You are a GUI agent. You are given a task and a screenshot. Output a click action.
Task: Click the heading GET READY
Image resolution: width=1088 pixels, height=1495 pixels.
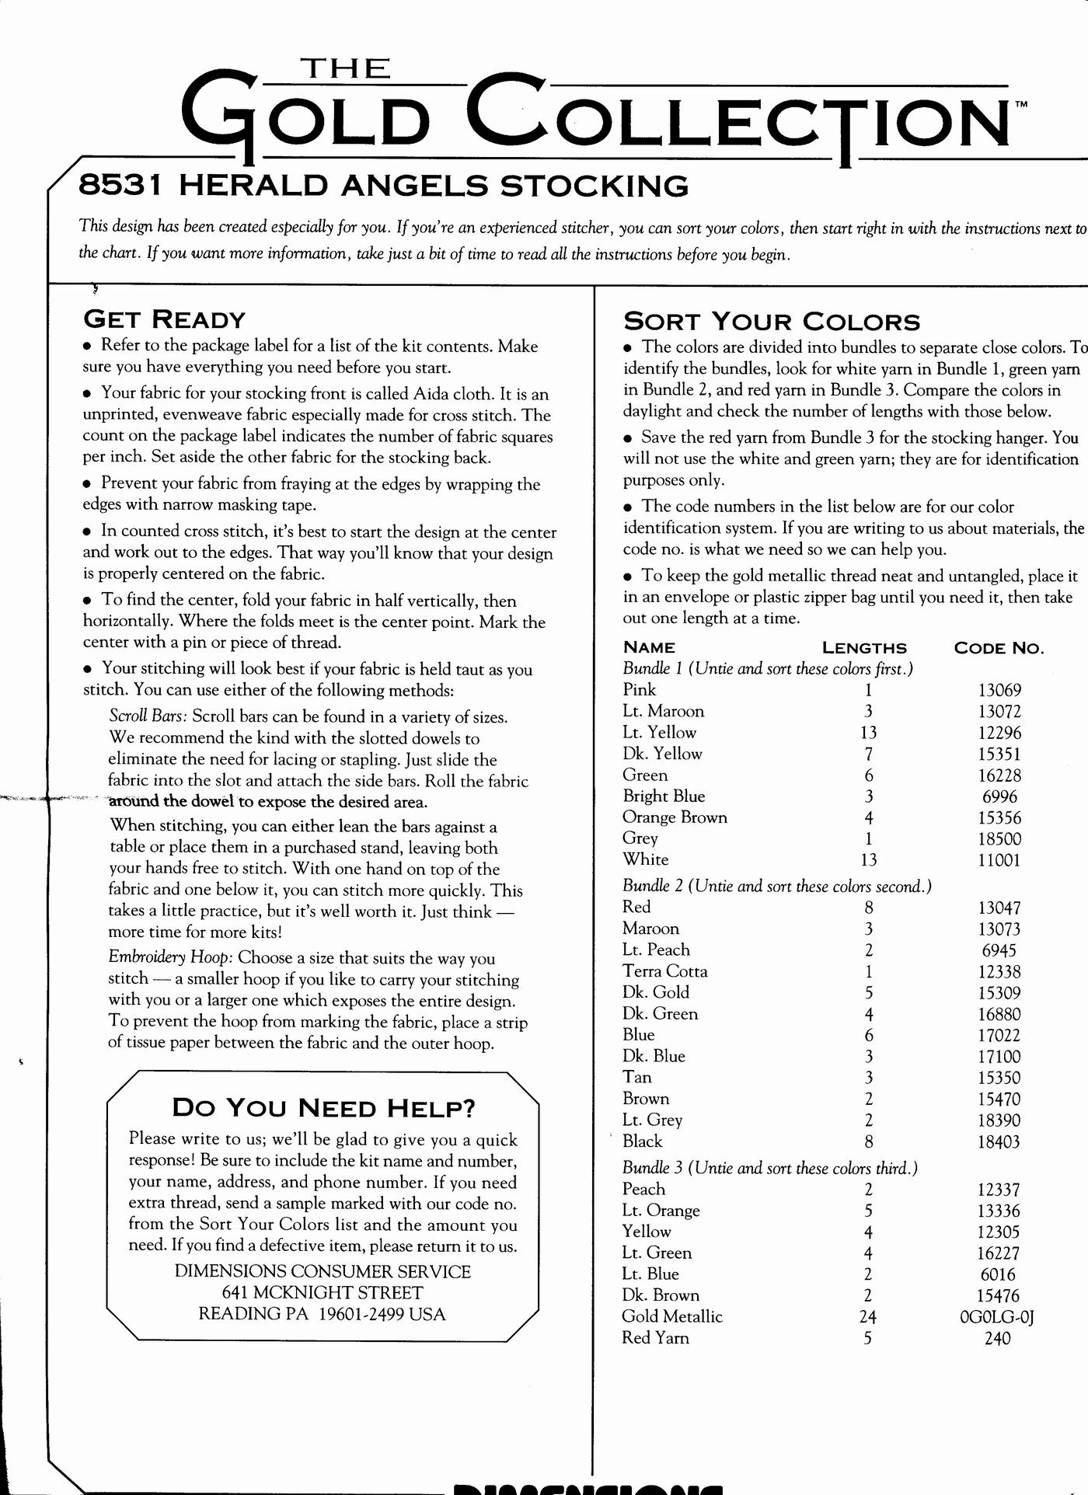tap(164, 319)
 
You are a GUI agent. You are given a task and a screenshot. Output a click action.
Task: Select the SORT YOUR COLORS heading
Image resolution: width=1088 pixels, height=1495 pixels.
tap(772, 322)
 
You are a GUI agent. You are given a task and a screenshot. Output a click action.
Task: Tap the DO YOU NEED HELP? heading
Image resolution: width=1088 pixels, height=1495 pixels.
tap(323, 1107)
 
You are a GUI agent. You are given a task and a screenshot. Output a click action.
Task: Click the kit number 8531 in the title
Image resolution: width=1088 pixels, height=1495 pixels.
tap(120, 186)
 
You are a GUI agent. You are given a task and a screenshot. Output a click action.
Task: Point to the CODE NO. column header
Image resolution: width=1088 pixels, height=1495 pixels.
tap(999, 648)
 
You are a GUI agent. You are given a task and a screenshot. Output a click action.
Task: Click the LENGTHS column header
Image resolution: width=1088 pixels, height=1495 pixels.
tap(864, 648)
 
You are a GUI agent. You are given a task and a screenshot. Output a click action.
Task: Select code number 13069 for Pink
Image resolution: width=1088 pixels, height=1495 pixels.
tap(999, 690)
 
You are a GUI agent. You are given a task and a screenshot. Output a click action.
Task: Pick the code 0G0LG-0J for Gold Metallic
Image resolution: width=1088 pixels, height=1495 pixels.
tap(997, 1317)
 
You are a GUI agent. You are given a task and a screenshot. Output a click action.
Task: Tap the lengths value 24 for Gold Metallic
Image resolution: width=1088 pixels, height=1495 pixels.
tap(868, 1317)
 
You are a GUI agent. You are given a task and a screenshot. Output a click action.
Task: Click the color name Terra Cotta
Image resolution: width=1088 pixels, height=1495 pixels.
tap(665, 971)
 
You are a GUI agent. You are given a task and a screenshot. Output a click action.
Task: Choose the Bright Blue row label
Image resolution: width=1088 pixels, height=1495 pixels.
tap(664, 796)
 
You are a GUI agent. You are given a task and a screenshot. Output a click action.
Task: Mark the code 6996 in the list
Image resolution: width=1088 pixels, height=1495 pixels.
tap(999, 796)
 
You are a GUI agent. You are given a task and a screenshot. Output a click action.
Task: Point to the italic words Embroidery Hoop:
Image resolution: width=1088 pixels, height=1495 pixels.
tap(169, 957)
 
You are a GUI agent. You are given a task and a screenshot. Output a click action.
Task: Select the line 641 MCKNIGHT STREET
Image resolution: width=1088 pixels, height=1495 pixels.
tap(323, 1292)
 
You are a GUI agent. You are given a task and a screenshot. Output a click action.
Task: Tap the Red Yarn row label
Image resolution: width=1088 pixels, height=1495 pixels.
tap(655, 1338)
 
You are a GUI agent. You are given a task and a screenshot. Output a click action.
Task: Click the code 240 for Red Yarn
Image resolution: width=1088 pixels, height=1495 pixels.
tap(997, 1339)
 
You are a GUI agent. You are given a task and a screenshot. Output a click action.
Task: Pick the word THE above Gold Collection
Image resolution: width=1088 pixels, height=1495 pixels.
tap(346, 69)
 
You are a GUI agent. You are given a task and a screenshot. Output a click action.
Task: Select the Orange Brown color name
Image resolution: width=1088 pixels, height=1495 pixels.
tap(675, 817)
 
